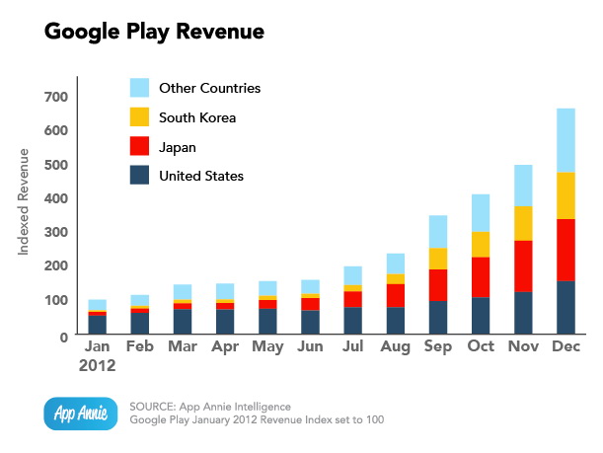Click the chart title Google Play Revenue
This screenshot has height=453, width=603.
click(x=154, y=32)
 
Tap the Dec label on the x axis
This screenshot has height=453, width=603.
click(x=565, y=348)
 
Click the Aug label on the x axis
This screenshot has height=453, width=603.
click(x=395, y=348)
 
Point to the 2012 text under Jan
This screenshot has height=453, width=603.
click(x=98, y=366)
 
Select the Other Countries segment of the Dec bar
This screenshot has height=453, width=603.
click(x=565, y=140)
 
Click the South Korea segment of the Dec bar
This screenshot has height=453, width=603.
click(x=565, y=195)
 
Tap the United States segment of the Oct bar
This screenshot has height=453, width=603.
click(x=480, y=316)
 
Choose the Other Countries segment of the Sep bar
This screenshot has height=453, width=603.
click(x=437, y=231)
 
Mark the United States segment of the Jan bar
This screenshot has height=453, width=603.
click(x=98, y=325)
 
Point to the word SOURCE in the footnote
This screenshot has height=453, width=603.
click(x=156, y=407)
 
